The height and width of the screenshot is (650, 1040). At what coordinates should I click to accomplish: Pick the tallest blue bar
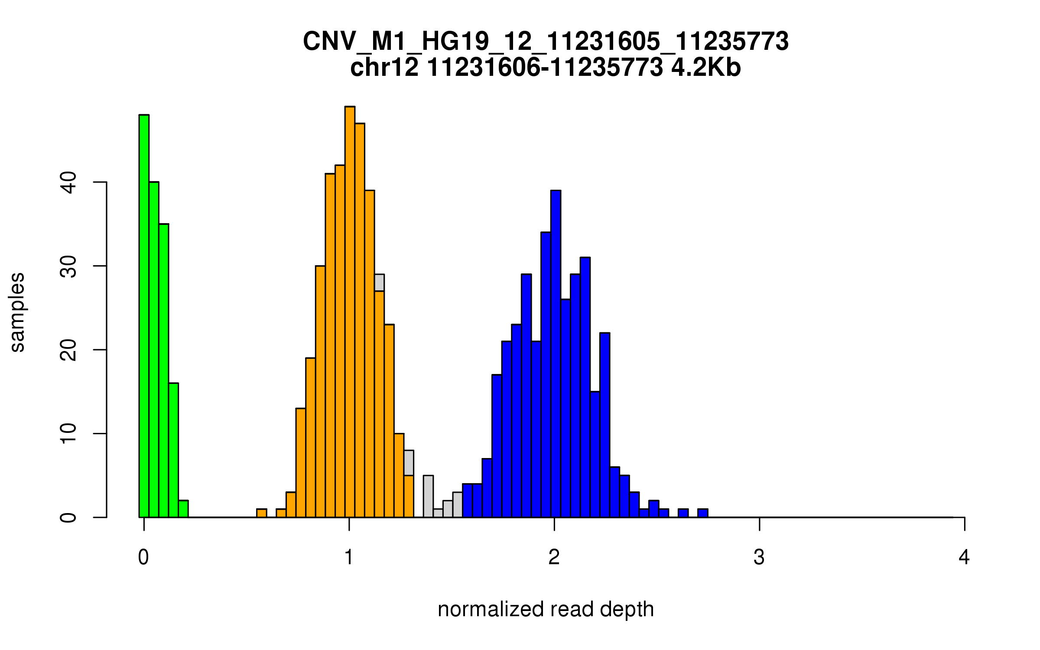pos(556,353)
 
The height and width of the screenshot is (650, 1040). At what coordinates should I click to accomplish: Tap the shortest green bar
pos(183,509)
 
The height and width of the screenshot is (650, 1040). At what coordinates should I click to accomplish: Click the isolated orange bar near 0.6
pos(261,513)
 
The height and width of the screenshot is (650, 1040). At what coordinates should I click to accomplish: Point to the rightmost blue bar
pos(702,513)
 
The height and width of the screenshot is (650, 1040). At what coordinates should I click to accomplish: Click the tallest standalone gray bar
pos(428,496)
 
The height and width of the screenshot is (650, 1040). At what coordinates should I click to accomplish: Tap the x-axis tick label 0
pos(143,557)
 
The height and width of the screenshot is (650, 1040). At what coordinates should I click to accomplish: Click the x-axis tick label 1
pos(349,557)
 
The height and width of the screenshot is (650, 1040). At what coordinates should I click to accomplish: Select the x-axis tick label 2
pos(554,557)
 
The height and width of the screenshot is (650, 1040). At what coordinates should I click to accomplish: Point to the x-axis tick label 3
pos(759,557)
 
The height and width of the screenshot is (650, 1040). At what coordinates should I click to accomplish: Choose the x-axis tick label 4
pos(964,557)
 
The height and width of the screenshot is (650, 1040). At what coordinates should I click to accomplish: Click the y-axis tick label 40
pos(68,182)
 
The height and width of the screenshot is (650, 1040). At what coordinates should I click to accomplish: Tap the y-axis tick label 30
pos(68,266)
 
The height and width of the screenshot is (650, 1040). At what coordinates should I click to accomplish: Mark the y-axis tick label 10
pos(68,434)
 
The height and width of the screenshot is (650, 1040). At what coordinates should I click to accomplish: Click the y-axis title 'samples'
pos(17,312)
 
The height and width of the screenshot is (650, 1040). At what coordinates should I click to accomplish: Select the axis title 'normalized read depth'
pos(546,609)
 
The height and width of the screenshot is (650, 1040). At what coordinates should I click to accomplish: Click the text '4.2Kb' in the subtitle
pos(706,68)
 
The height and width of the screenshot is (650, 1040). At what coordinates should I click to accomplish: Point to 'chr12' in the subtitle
pos(384,68)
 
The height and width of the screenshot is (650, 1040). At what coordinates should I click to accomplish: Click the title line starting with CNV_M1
pos(546,42)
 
